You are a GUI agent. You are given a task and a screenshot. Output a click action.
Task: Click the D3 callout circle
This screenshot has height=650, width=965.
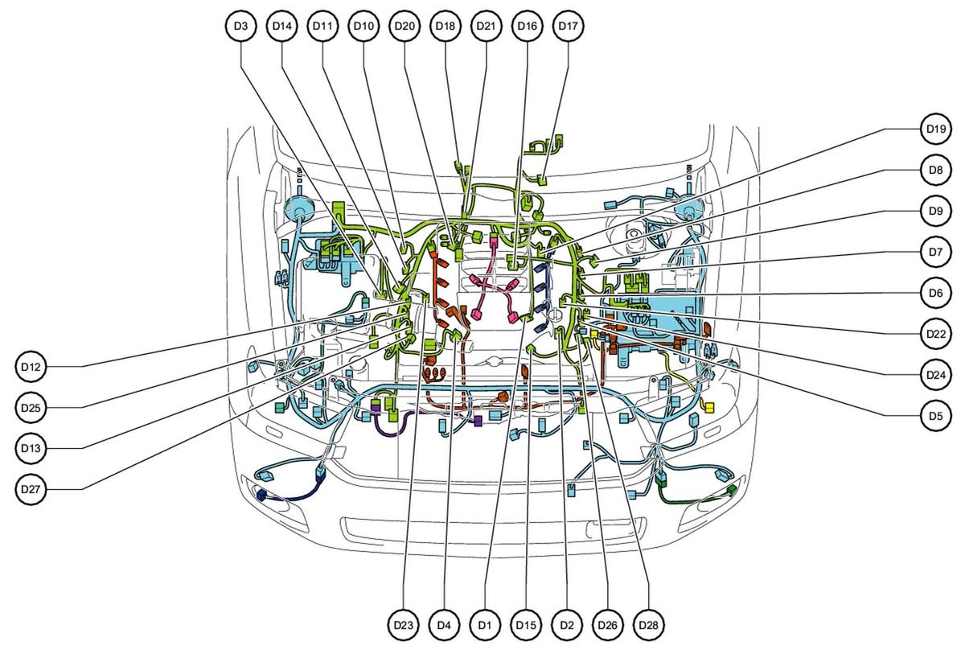[x=240, y=26]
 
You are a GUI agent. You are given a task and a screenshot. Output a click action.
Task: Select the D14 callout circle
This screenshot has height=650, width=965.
[x=281, y=26]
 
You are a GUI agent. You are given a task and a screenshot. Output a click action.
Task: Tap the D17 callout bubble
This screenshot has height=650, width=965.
[x=568, y=26]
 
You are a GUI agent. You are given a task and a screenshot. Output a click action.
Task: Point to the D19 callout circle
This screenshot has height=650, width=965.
[x=936, y=129]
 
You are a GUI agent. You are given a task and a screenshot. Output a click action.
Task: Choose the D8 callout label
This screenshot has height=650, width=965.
[x=936, y=170]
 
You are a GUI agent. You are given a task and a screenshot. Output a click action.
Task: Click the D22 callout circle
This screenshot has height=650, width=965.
[x=936, y=334]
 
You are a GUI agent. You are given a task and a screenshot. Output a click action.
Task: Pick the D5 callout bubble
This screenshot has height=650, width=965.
[x=936, y=416]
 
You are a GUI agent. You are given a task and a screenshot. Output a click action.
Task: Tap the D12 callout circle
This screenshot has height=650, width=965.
[x=31, y=367]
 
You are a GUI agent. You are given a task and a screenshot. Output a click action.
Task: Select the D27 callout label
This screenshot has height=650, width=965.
[x=31, y=489]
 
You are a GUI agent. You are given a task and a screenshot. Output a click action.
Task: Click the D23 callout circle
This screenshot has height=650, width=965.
[x=403, y=625]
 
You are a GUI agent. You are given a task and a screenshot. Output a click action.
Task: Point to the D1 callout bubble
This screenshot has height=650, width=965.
[x=485, y=625]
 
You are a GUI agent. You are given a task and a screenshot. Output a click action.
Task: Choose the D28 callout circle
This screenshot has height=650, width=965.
[x=648, y=625]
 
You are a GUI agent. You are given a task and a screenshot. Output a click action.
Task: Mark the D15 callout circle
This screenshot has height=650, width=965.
[x=526, y=625]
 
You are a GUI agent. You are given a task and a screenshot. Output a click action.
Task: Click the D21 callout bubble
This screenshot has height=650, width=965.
[x=486, y=26]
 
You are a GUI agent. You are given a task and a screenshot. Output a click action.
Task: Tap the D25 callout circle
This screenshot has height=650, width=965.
[x=31, y=407]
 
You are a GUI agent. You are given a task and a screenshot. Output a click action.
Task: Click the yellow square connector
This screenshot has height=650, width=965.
[x=708, y=406]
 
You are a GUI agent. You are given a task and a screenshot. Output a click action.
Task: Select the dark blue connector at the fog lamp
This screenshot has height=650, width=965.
[x=261, y=496]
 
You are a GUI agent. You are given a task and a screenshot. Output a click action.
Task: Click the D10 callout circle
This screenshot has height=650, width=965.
[x=363, y=26]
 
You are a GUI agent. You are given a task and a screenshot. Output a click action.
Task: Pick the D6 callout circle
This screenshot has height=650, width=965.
[x=936, y=293]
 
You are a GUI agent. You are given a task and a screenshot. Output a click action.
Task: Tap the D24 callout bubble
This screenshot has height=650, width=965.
[x=936, y=375]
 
